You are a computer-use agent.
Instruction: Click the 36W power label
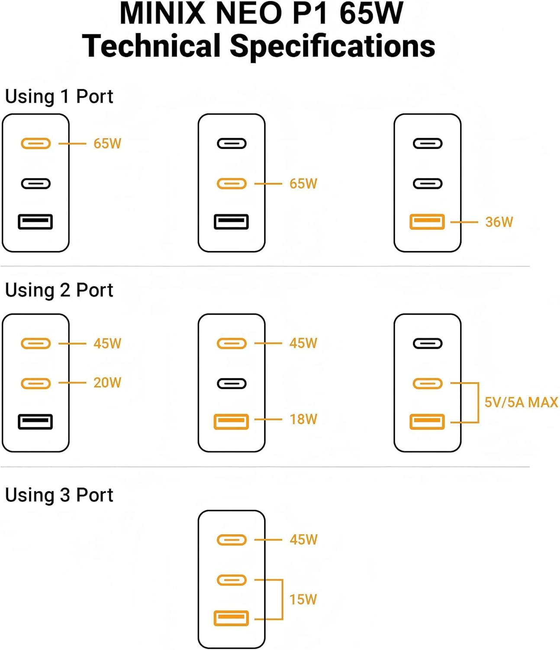pyautogui.click(x=499, y=222)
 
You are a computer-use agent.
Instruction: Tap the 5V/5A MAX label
pyautogui.click(x=521, y=402)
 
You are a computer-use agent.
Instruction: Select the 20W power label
pyautogui.click(x=107, y=383)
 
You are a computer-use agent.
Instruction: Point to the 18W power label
pyautogui.click(x=303, y=419)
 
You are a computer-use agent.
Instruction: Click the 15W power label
pyautogui.click(x=303, y=599)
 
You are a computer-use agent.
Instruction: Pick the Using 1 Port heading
pyautogui.click(x=59, y=96)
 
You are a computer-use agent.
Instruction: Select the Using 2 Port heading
pyautogui.click(x=59, y=290)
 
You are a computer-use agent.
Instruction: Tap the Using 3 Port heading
pyautogui.click(x=59, y=495)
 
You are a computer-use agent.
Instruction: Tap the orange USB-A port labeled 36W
pyautogui.click(x=427, y=222)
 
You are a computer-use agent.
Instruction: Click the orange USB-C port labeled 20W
pyautogui.click(x=36, y=383)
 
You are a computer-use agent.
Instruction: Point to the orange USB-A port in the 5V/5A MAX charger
pyautogui.click(x=427, y=422)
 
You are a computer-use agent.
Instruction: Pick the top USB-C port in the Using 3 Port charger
pyautogui.click(x=232, y=540)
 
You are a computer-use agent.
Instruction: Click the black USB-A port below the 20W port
pyautogui.click(x=35, y=422)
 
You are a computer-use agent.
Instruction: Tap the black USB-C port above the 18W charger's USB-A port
pyautogui.click(x=232, y=383)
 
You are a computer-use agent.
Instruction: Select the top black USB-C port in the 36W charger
pyautogui.click(x=428, y=143)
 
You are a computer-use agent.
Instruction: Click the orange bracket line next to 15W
pyautogui.click(x=282, y=599)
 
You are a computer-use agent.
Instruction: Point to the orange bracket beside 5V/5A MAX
pyautogui.click(x=478, y=402)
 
